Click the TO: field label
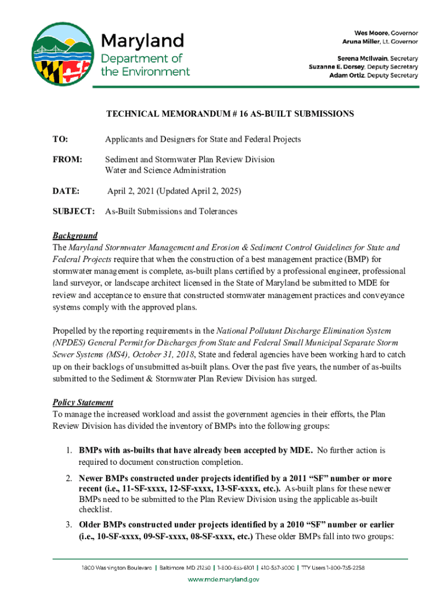pyautogui.click(x=60, y=140)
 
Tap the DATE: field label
pyautogui.click(x=65, y=191)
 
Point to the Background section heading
pyautogui.click(x=75, y=236)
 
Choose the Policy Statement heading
pyautogui.click(x=83, y=403)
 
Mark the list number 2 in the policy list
pyautogui.click(x=68, y=479)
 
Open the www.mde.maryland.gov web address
pyautogui.click(x=223, y=579)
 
